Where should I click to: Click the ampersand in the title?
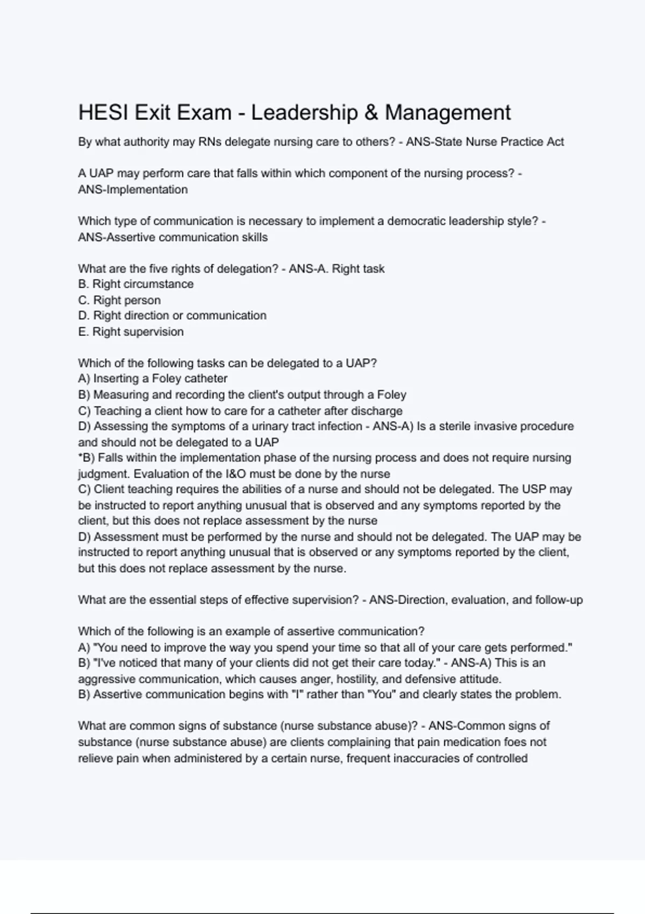click(371, 113)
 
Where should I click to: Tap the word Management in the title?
click(448, 113)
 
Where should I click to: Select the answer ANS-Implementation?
click(133, 190)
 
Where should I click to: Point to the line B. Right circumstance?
click(136, 284)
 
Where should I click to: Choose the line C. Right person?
click(119, 301)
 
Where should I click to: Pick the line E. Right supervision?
click(131, 332)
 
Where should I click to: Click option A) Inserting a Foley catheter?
click(153, 379)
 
